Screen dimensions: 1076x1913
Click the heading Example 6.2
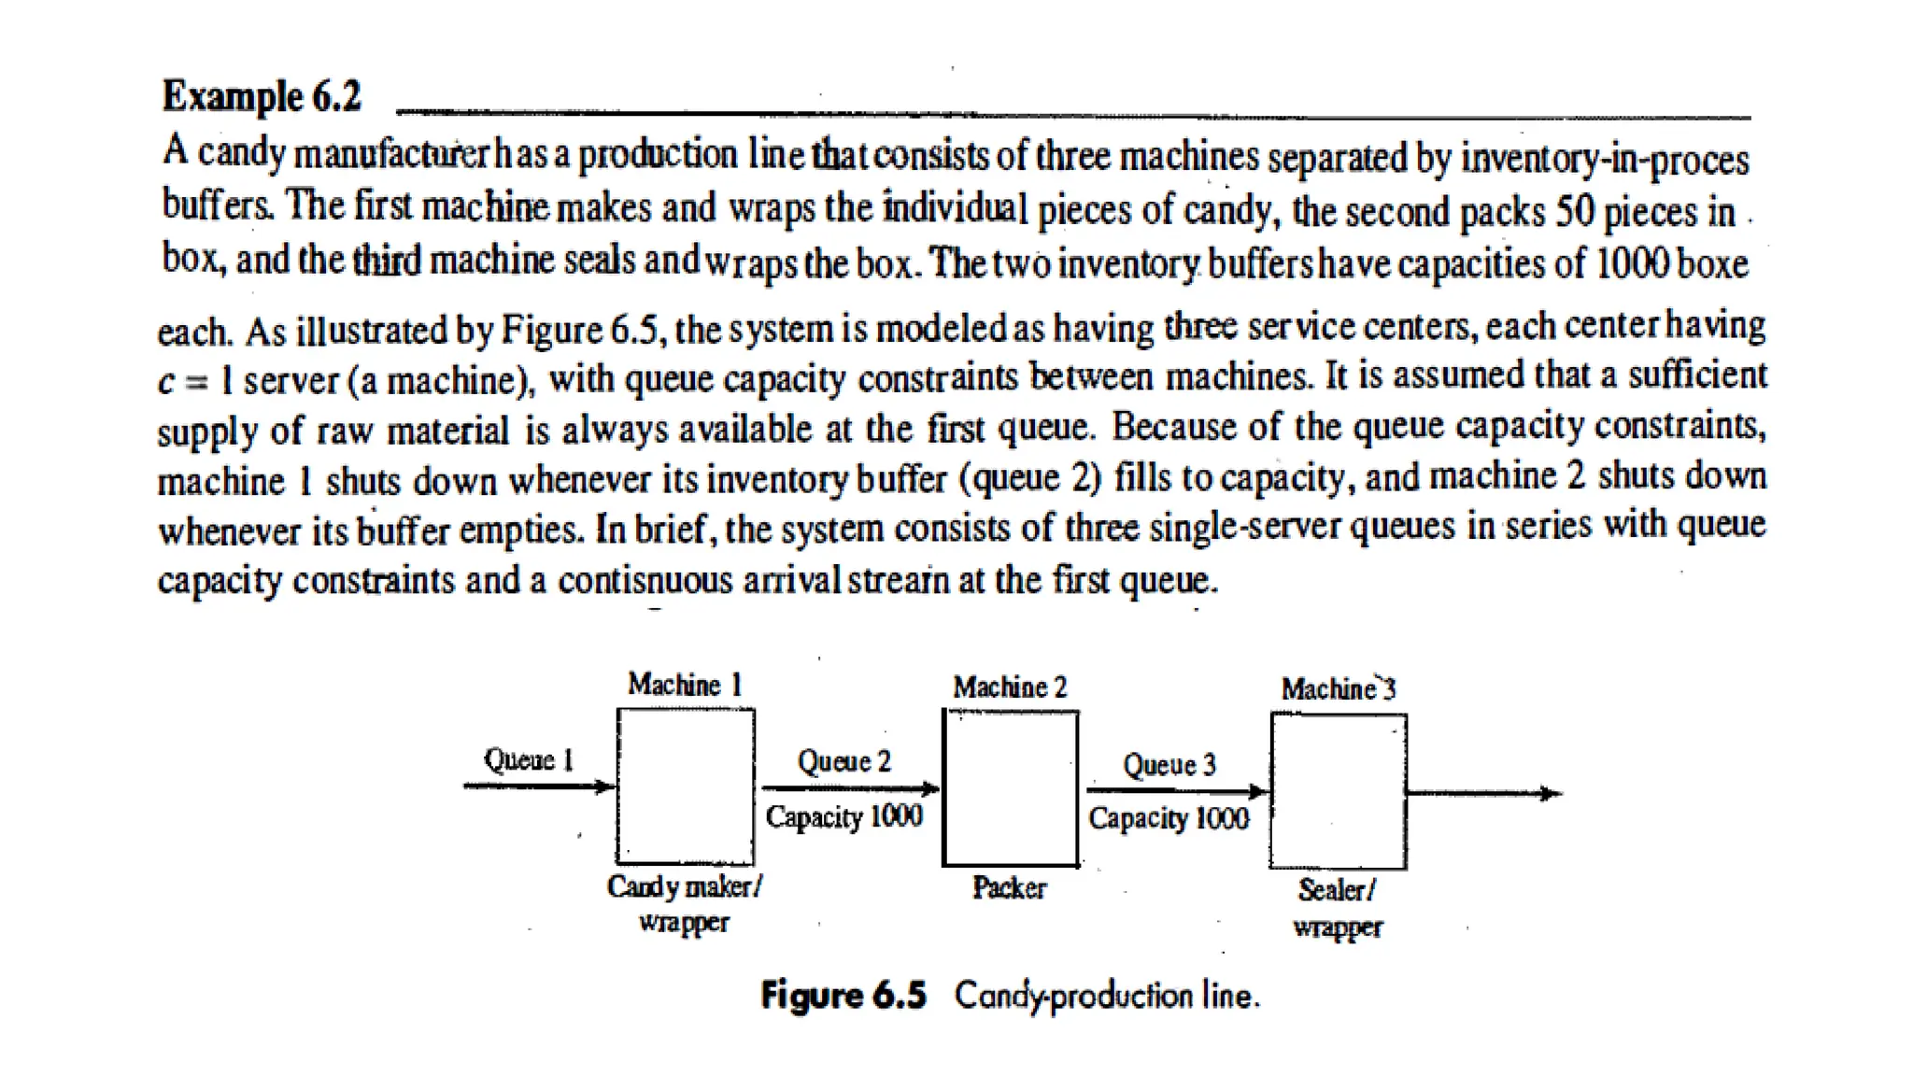pyautogui.click(x=261, y=97)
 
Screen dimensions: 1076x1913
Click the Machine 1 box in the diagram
pyautogui.click(x=685, y=786)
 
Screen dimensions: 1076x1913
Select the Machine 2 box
pyautogui.click(x=1010, y=788)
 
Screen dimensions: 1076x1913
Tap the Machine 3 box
pyautogui.click(x=1338, y=791)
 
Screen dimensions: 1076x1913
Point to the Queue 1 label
pyautogui.click(x=528, y=759)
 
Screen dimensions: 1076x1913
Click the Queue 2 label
pyautogui.click(x=843, y=761)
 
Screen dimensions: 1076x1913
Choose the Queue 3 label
pyautogui.click(x=1169, y=765)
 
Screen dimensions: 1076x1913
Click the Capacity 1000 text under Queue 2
pyautogui.click(x=843, y=816)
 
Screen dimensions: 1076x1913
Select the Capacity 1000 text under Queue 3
pyautogui.click(x=1169, y=818)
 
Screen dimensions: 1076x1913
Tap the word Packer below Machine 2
pyautogui.click(x=1009, y=887)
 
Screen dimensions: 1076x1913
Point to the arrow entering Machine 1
pyautogui.click(x=539, y=786)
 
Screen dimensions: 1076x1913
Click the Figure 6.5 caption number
pyautogui.click(x=843, y=996)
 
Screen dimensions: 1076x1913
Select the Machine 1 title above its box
pyautogui.click(x=685, y=685)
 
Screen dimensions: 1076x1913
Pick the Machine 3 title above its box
pyautogui.click(x=1338, y=689)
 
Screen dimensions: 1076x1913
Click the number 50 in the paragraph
pyautogui.click(x=1574, y=212)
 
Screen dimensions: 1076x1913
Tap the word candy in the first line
pyautogui.click(x=241, y=152)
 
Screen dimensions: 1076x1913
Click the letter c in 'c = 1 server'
pyautogui.click(x=165, y=381)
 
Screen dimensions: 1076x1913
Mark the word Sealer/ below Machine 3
pyautogui.click(x=1337, y=890)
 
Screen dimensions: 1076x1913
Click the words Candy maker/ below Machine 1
pyautogui.click(x=684, y=886)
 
